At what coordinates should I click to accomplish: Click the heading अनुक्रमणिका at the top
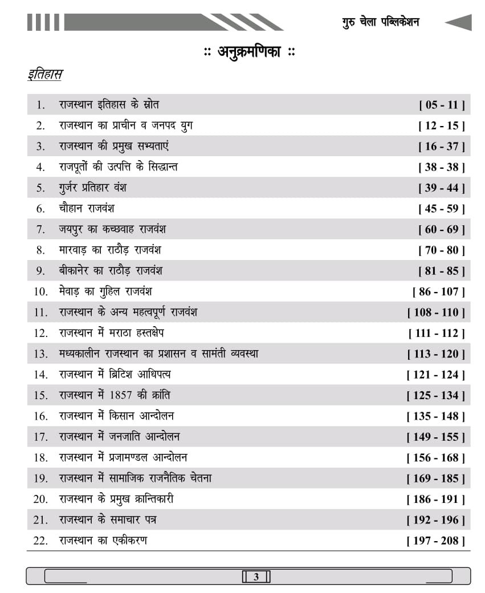coord(250,52)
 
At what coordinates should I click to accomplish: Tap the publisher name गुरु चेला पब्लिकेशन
coord(381,22)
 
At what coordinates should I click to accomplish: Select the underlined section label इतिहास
coord(45,75)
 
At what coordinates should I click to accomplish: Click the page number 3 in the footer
coord(256,576)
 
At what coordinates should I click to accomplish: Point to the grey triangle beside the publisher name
coord(459,22)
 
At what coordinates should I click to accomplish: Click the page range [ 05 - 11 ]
coord(442,105)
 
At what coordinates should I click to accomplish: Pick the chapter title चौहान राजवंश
coord(87,209)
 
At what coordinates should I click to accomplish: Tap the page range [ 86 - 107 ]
coord(438,292)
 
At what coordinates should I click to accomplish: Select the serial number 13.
coord(40,354)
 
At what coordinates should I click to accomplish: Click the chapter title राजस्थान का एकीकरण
coord(103,541)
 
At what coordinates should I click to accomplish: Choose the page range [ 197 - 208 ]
coord(435,541)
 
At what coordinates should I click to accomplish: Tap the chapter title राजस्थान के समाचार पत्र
coord(108,520)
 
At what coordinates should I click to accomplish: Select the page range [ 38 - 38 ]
coord(442,167)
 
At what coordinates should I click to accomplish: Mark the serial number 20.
coord(40,499)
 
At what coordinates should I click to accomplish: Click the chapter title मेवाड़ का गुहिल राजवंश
coord(105,291)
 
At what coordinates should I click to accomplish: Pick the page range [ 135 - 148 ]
coord(435,416)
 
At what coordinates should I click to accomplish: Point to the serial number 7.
coord(40,230)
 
